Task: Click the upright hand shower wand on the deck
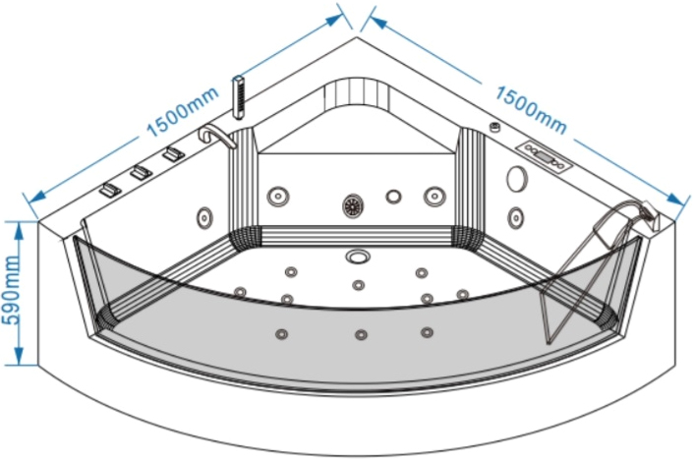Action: (237, 97)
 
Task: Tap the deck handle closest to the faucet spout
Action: (174, 155)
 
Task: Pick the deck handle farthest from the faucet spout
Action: (108, 190)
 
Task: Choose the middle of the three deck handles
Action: (140, 173)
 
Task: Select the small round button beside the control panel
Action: (494, 129)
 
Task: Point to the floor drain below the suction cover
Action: (358, 258)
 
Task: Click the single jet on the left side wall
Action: (204, 215)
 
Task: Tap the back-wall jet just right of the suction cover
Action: (393, 196)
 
